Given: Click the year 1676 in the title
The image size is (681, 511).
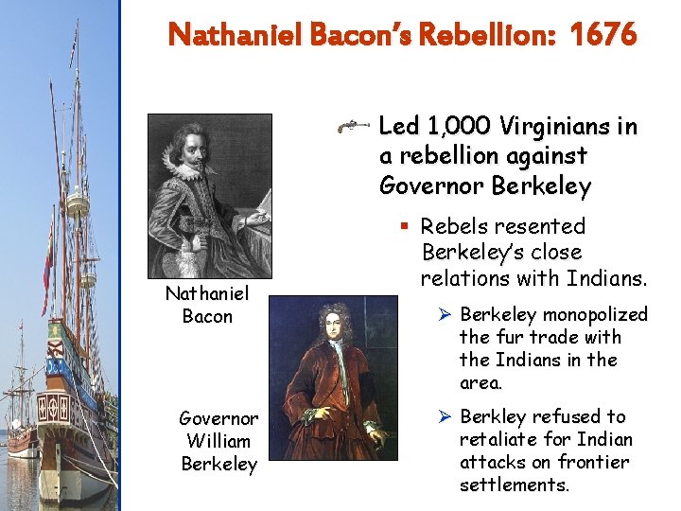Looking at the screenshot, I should click(603, 35).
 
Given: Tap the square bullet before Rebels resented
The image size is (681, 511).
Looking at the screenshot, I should click(404, 227).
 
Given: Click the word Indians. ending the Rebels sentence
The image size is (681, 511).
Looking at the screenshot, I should click(606, 278).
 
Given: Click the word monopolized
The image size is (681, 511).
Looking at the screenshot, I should click(594, 314).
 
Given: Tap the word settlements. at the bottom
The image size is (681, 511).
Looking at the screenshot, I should click(515, 485).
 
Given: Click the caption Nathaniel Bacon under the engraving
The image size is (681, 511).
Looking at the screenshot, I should click(206, 305).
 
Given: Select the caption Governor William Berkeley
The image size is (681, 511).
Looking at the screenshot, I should click(218, 440).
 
